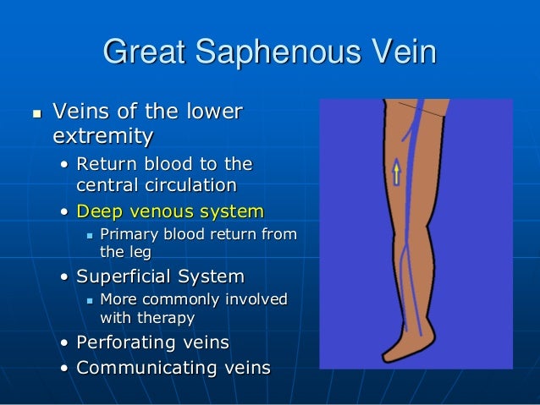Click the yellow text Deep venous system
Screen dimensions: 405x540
click(170, 211)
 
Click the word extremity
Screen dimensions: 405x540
click(103, 134)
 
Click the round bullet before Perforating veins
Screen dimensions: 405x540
click(66, 344)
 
